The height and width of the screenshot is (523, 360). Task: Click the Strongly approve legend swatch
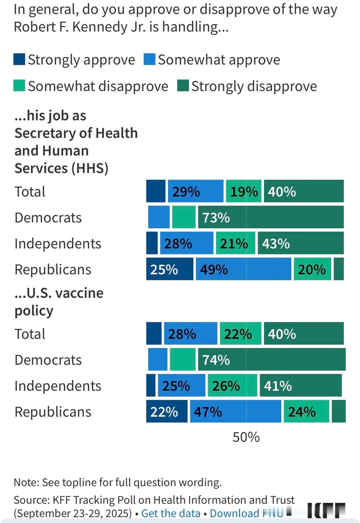(x=19, y=59)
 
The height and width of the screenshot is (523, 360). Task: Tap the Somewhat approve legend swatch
(x=149, y=59)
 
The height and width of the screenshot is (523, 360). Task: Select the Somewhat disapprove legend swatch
(x=19, y=86)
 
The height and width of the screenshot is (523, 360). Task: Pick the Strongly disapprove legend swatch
(x=183, y=86)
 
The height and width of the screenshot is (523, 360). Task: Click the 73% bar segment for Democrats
(x=271, y=217)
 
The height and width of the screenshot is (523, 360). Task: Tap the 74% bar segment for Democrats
(x=272, y=359)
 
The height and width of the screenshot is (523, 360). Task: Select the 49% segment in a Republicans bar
(x=243, y=269)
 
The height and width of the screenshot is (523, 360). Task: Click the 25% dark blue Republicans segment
(x=170, y=269)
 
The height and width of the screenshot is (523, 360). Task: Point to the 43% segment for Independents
(x=300, y=243)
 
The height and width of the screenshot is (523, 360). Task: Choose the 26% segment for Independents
(x=232, y=385)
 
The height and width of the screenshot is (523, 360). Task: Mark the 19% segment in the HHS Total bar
(x=244, y=191)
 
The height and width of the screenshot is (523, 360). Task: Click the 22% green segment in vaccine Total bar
(x=240, y=333)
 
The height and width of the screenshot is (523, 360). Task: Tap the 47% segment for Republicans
(x=235, y=411)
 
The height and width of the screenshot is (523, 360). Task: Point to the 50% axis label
(x=246, y=437)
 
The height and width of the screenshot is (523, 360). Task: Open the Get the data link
(x=170, y=513)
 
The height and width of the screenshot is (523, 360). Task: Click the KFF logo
(x=326, y=510)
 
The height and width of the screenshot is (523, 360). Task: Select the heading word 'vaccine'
(x=80, y=293)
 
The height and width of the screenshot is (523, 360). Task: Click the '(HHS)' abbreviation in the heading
(x=90, y=168)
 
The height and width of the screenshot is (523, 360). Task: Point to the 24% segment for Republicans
(x=306, y=411)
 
